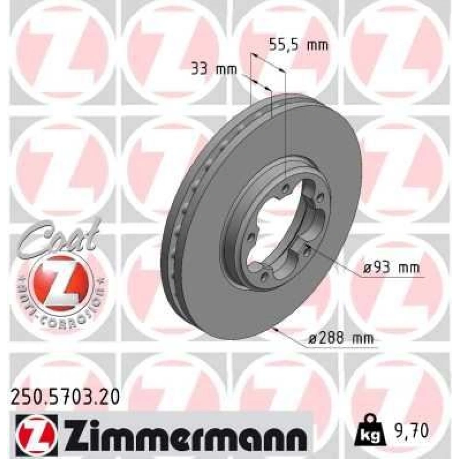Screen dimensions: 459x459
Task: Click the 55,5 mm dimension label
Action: [298, 45]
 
